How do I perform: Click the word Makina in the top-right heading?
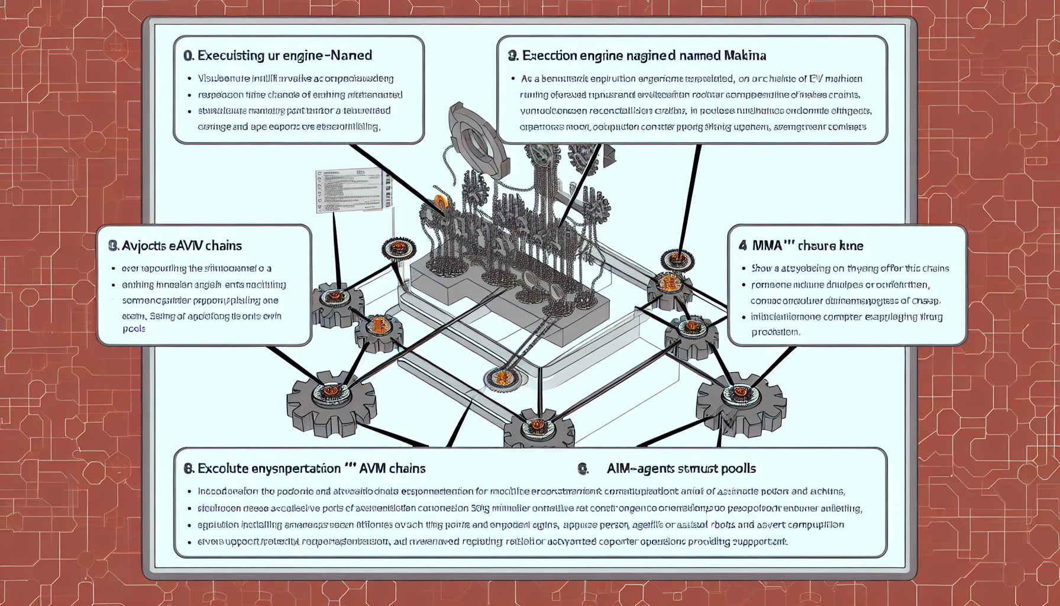pyautogui.click(x=744, y=56)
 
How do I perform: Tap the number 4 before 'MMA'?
pyautogui.click(x=742, y=246)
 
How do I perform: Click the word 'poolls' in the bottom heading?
pyautogui.click(x=738, y=469)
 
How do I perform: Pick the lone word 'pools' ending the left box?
pyautogui.click(x=134, y=329)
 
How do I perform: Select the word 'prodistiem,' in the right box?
pyautogui.click(x=775, y=333)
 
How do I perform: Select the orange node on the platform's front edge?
pyautogui.click(x=502, y=378)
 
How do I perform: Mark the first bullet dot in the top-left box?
pyautogui.click(x=189, y=79)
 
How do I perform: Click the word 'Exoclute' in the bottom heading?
pyautogui.click(x=223, y=469)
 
